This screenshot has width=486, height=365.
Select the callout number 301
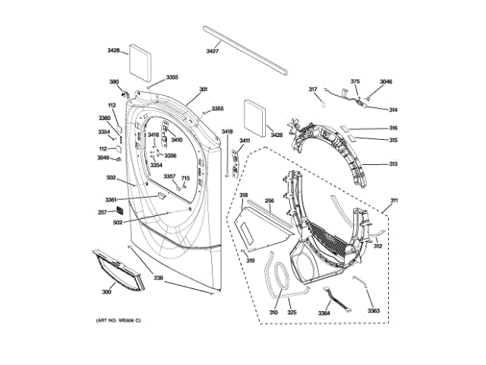click(203, 90)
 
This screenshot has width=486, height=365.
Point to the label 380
click(114, 81)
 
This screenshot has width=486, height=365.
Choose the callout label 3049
click(103, 158)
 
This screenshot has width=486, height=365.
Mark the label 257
click(102, 212)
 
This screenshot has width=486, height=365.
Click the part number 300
click(106, 291)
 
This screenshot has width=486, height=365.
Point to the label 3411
click(245, 141)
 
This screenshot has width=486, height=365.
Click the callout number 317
click(312, 90)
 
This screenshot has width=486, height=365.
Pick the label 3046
click(386, 81)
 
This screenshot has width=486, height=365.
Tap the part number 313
click(393, 164)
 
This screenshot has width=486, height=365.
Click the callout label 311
click(394, 201)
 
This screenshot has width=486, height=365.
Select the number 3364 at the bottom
click(324, 313)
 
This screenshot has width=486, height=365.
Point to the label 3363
click(373, 311)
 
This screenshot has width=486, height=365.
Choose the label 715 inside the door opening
click(185, 178)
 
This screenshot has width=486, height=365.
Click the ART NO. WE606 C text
click(118, 320)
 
